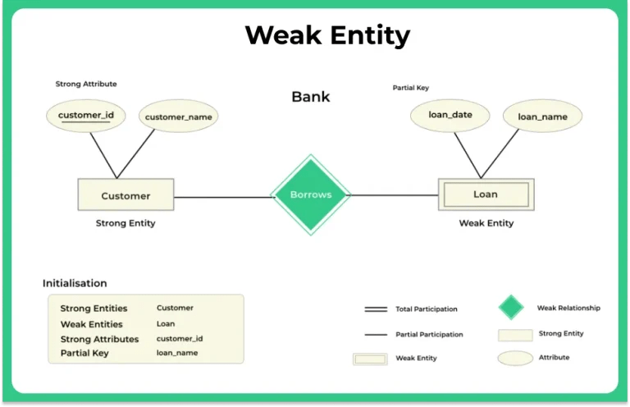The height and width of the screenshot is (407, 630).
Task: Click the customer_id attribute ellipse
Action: click(x=85, y=116)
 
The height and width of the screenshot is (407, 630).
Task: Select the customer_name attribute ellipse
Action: click(x=178, y=117)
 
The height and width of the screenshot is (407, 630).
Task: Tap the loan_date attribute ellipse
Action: click(x=450, y=115)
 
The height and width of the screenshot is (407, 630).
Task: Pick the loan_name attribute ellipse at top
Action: click(x=542, y=117)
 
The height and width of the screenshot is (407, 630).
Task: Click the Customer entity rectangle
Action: click(x=126, y=195)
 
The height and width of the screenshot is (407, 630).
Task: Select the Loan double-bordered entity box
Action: click(x=485, y=194)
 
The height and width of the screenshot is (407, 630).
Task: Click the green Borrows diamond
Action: click(x=311, y=195)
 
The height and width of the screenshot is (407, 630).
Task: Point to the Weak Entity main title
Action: click(x=327, y=36)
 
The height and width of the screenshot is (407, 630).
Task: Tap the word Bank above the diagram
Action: click(x=311, y=97)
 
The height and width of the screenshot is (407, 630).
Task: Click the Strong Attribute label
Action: click(x=86, y=84)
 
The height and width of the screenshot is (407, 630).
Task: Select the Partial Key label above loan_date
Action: click(x=411, y=88)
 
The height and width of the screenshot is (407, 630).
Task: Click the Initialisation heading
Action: click(x=75, y=283)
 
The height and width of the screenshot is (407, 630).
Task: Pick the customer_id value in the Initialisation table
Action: click(x=180, y=339)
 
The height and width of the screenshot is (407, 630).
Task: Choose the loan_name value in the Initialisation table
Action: click(x=177, y=354)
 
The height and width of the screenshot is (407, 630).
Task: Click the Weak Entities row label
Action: click(x=91, y=324)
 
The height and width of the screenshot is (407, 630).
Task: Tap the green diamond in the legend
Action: click(x=511, y=308)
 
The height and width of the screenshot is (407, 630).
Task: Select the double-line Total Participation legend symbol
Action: click(x=376, y=309)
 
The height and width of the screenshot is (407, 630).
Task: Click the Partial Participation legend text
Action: click(x=429, y=335)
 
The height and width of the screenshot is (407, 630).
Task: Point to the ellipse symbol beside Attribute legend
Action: click(x=515, y=358)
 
